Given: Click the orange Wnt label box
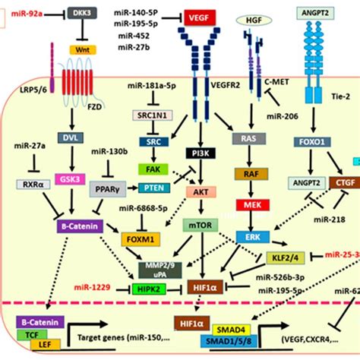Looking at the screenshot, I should (83, 49).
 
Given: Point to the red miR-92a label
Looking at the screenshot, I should (27, 13).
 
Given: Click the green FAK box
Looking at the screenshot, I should (149, 168).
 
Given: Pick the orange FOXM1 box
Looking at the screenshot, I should (141, 238).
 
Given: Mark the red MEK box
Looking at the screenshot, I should (250, 205).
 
